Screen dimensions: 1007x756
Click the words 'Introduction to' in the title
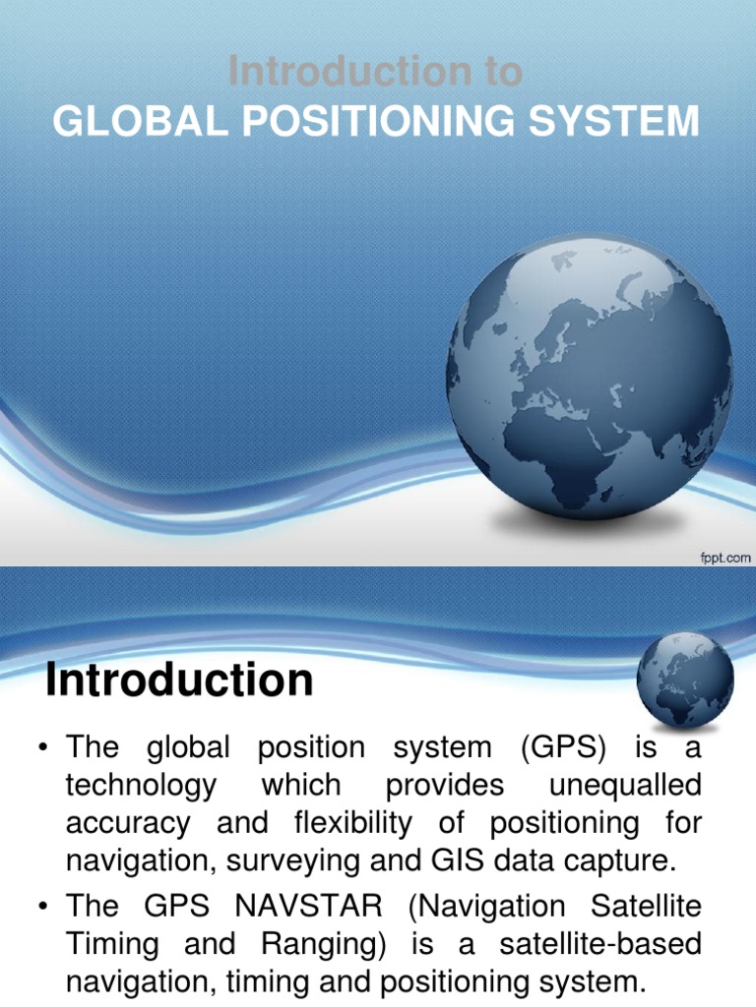(x=375, y=72)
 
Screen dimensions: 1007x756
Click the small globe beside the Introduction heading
(x=684, y=680)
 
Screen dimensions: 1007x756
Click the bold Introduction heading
(x=179, y=681)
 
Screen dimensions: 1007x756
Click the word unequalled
(x=625, y=786)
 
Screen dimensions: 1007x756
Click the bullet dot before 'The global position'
(x=42, y=748)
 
